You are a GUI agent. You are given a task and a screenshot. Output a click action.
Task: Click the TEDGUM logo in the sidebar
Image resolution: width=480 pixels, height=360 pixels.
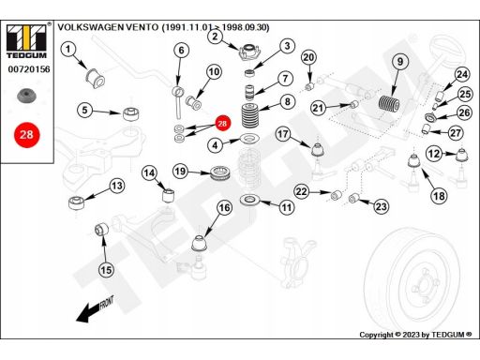click(x=26, y=41)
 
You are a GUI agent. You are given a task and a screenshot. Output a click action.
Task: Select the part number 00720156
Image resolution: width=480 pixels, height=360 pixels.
click(x=29, y=69)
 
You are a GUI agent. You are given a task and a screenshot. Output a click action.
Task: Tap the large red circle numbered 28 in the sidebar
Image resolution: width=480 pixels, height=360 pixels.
click(x=27, y=135)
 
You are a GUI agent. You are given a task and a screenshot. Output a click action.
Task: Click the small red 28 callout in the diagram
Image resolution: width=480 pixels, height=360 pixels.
click(x=222, y=124)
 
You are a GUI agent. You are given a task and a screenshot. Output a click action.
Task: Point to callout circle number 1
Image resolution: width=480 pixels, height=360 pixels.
click(x=68, y=49)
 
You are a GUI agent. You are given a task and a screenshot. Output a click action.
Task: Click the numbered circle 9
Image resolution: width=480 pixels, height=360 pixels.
click(x=400, y=62)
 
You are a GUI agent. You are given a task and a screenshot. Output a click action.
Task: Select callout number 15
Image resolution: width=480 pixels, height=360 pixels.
click(x=106, y=270)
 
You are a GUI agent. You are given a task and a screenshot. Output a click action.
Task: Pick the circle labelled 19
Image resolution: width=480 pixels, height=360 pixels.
click(x=180, y=172)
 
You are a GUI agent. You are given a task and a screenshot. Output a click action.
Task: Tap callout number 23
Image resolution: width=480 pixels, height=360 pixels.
click(x=381, y=206)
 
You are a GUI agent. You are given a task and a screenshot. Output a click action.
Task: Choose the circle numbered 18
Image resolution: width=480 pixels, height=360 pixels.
click(x=439, y=196)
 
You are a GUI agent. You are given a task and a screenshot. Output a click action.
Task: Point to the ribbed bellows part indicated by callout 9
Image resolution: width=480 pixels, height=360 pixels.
click(x=389, y=103)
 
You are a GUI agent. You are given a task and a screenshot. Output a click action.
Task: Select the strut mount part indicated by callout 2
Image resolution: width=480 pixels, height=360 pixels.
click(x=249, y=52)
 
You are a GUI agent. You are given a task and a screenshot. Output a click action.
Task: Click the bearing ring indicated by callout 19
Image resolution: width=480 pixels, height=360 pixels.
click(x=220, y=173)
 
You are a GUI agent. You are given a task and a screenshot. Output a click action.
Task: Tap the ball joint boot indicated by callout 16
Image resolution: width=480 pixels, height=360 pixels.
click(x=200, y=244)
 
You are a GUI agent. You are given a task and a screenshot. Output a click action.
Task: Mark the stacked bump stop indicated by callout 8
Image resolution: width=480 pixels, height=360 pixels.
click(x=251, y=115)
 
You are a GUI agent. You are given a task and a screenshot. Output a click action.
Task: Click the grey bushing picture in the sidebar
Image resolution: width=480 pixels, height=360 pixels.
click(x=26, y=96)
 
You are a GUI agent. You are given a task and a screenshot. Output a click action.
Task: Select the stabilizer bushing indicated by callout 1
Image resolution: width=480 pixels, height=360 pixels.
click(x=96, y=78)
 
